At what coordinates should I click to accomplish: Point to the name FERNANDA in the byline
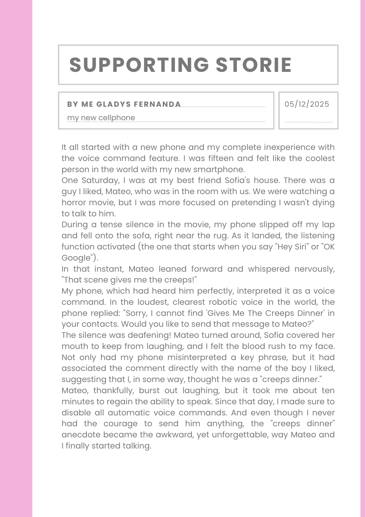pyautogui.click(x=157, y=104)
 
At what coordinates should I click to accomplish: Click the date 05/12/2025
pyautogui.click(x=307, y=104)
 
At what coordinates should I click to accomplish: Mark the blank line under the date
pyautogui.click(x=308, y=122)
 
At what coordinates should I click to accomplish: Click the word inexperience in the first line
pyautogui.click(x=289, y=147)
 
